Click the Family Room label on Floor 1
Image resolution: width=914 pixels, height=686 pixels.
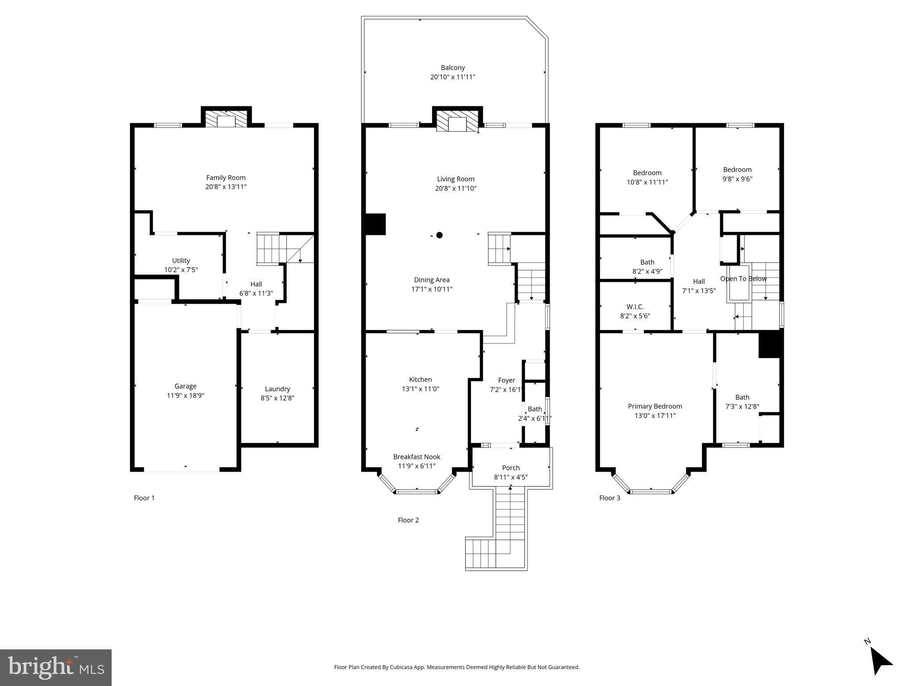pos(225,177)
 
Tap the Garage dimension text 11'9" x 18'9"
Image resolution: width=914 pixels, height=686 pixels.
pos(185,395)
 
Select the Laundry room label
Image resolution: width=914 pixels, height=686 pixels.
pos(277,389)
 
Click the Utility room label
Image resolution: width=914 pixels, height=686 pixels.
pos(181,260)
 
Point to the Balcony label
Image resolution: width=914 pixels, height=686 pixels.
pos(452,68)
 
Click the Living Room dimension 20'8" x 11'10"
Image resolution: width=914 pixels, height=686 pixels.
pos(455,188)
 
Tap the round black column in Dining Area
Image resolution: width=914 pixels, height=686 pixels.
pos(439,235)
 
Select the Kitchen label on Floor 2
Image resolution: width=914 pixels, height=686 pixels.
pos(420,380)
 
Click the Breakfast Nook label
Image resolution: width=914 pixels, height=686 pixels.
pos(416,456)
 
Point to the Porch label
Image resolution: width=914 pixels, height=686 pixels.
pos(510,468)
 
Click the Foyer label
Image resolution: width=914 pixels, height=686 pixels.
pos(506,380)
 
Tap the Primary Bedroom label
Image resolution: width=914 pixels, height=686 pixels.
pos(655,406)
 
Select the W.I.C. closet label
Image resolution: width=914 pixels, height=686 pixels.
pos(634,307)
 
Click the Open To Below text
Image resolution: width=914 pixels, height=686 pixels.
pos(743,279)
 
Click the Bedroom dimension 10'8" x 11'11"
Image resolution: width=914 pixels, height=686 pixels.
pos(647,182)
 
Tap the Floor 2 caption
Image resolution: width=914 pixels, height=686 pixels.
pos(408,520)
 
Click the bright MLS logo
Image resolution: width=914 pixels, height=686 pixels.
pos(55,667)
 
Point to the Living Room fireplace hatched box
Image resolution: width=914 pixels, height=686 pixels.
pos(457,121)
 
